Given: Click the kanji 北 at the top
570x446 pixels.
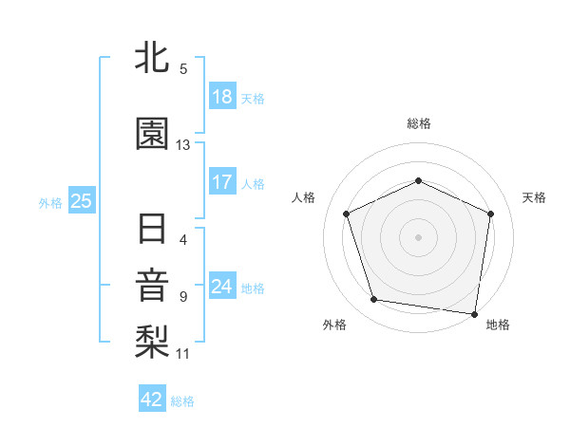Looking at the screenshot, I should (x=152, y=59).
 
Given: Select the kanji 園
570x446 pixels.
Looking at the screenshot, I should (x=152, y=135).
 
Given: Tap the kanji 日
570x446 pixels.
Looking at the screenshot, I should (x=152, y=230).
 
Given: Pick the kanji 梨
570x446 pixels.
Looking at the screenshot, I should (x=152, y=342).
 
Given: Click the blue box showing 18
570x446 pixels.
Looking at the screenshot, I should (x=221, y=96).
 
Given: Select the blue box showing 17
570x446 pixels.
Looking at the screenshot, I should (x=221, y=181).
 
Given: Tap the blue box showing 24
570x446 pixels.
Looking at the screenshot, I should (x=221, y=286).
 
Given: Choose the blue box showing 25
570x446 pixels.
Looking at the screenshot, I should (x=81, y=200).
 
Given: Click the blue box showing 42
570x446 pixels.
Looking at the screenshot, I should (x=152, y=400).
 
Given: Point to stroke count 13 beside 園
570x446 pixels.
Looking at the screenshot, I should (x=183, y=145).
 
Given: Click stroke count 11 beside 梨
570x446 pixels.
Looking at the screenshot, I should (x=183, y=354).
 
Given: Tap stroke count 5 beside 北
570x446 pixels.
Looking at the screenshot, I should (x=183, y=69).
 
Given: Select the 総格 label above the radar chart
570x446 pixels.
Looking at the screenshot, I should (x=418, y=123).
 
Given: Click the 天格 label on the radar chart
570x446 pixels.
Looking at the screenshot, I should (x=534, y=197).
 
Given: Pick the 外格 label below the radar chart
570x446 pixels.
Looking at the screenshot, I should (x=334, y=325).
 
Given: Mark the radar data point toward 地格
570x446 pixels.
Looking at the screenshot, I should (x=474, y=313).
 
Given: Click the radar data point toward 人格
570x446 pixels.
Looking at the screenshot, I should (x=347, y=214).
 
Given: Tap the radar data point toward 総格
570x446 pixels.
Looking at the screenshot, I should (x=418, y=180).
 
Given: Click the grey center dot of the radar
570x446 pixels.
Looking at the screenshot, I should (x=418, y=236).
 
